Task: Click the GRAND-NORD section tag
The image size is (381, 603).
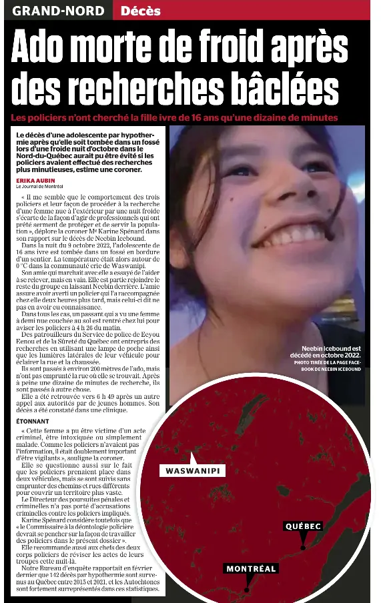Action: click(59, 11)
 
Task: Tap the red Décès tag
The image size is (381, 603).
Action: click(141, 11)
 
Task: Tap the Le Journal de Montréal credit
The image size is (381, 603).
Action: click(39, 187)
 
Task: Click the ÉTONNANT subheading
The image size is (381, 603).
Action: click(33, 422)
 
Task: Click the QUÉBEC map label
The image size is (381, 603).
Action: click(304, 526)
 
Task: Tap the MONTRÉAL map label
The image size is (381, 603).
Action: click(251, 569)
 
